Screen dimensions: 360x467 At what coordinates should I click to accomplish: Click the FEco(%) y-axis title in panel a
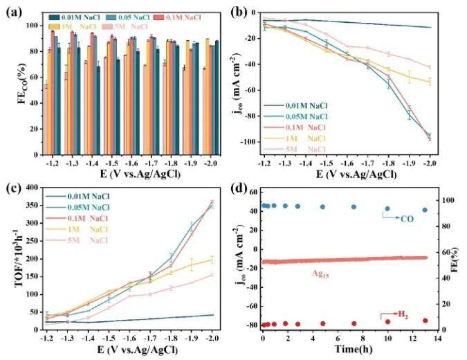pyautogui.click(x=10, y=87)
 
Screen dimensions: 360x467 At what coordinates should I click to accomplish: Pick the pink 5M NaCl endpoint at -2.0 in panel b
pyautogui.click(x=430, y=67)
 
